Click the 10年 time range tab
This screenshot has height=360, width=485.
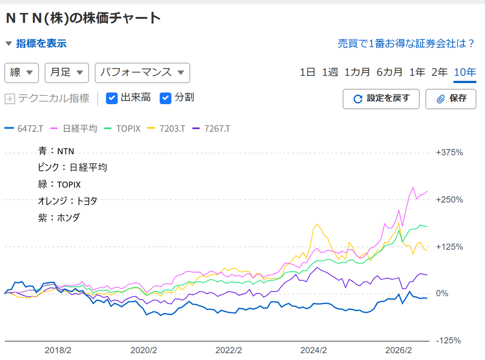click(x=465, y=72)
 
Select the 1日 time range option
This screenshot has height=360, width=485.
click(x=307, y=72)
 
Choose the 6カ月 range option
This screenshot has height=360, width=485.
click(x=389, y=72)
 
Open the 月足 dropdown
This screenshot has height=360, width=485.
click(x=67, y=73)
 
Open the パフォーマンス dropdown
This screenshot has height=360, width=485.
click(x=142, y=73)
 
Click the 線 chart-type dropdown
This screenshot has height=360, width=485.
click(x=22, y=73)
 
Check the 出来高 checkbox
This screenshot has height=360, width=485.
click(x=112, y=98)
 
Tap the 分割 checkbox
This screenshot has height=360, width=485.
click(x=166, y=98)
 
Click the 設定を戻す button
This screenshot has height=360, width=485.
click(x=381, y=99)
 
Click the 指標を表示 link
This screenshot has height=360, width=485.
click(x=41, y=43)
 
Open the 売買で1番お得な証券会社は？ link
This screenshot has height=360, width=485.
click(x=406, y=43)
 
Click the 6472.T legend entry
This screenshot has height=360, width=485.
click(x=24, y=128)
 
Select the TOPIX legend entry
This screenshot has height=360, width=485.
click(x=122, y=128)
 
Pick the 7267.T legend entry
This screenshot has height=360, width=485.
click(x=211, y=128)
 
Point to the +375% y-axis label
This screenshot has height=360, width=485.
click(x=449, y=152)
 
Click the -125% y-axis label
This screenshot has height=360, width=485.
click(x=448, y=341)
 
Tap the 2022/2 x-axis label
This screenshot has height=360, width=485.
click(x=228, y=351)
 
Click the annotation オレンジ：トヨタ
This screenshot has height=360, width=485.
click(x=67, y=201)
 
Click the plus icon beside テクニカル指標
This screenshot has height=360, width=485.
click(x=10, y=99)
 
